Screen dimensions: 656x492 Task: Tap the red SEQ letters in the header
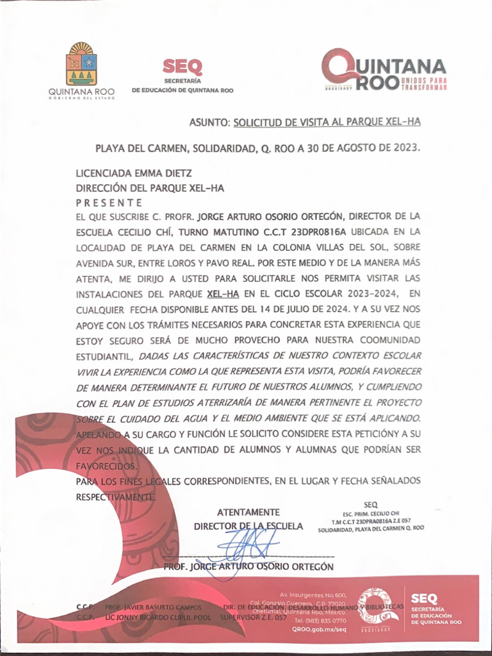tap(182, 67)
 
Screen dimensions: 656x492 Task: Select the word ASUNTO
tap(209, 121)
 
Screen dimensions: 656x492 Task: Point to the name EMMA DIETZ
tap(163, 173)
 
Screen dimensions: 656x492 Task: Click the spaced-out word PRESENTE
tap(108, 203)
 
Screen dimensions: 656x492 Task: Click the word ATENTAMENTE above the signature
tap(249, 512)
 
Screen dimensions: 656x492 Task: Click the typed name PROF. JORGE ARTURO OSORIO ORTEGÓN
tap(249, 566)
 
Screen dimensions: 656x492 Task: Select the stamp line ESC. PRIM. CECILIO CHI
tap(371, 514)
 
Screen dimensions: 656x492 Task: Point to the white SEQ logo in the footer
tap(425, 599)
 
